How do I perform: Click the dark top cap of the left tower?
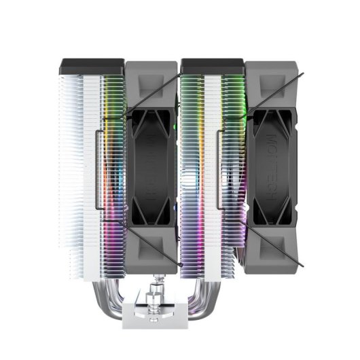(x=92, y=67)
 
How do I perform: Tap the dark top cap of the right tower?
(x=213, y=67)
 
